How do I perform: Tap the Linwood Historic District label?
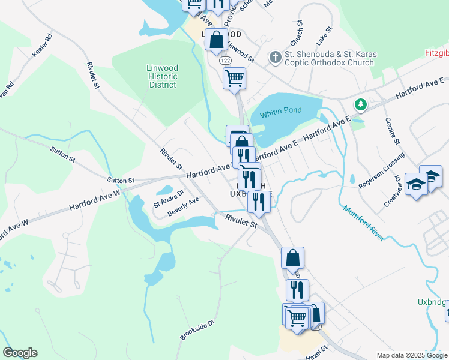pyautogui.click(x=162, y=76)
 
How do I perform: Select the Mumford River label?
pyautogui.click(x=363, y=223)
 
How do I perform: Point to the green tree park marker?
pyautogui.click(x=360, y=105)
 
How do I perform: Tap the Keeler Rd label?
pyautogui.click(x=43, y=44)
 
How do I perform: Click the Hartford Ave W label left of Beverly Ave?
pyautogui.click(x=95, y=199)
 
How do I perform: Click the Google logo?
pyautogui.click(x=20, y=353)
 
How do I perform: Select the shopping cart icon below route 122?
pyautogui.click(x=234, y=77)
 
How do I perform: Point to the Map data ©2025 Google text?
pyautogui.click(x=411, y=355)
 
